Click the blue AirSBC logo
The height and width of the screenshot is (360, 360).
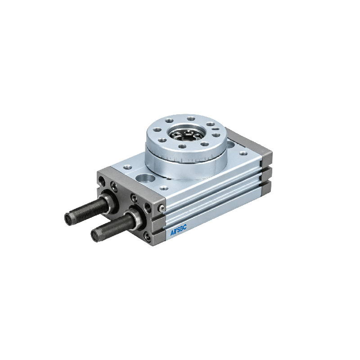point(178,230)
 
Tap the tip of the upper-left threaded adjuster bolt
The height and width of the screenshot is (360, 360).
point(68,218)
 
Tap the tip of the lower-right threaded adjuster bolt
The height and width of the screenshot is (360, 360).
point(95,235)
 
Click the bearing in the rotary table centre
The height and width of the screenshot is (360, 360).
point(186,134)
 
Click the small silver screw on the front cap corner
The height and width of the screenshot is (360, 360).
point(162,208)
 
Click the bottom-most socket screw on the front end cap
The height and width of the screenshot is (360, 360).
point(148,237)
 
